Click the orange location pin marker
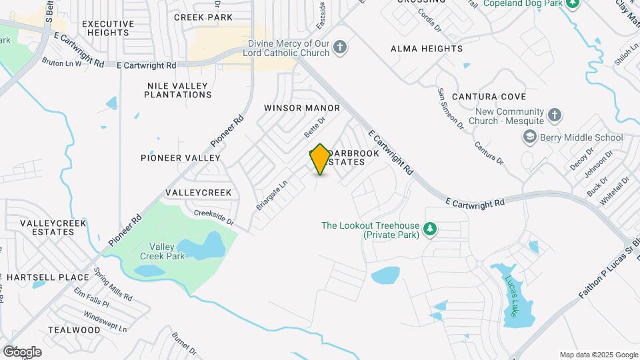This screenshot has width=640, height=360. point(320,159)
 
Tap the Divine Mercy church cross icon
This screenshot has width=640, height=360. point(340,47)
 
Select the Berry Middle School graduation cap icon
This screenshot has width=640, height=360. point(529,137)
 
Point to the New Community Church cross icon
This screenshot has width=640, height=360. point(554,116)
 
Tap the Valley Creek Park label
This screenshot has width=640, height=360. point(162,251)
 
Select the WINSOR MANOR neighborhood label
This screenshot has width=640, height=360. point(302,108)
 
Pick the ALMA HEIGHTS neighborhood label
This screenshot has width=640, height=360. point(427,49)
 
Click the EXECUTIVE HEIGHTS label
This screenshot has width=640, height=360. point(108,28)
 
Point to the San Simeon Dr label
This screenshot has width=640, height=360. point(450,107)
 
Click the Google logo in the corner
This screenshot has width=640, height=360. point(22,351)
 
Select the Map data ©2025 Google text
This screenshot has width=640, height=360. point(599,355)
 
